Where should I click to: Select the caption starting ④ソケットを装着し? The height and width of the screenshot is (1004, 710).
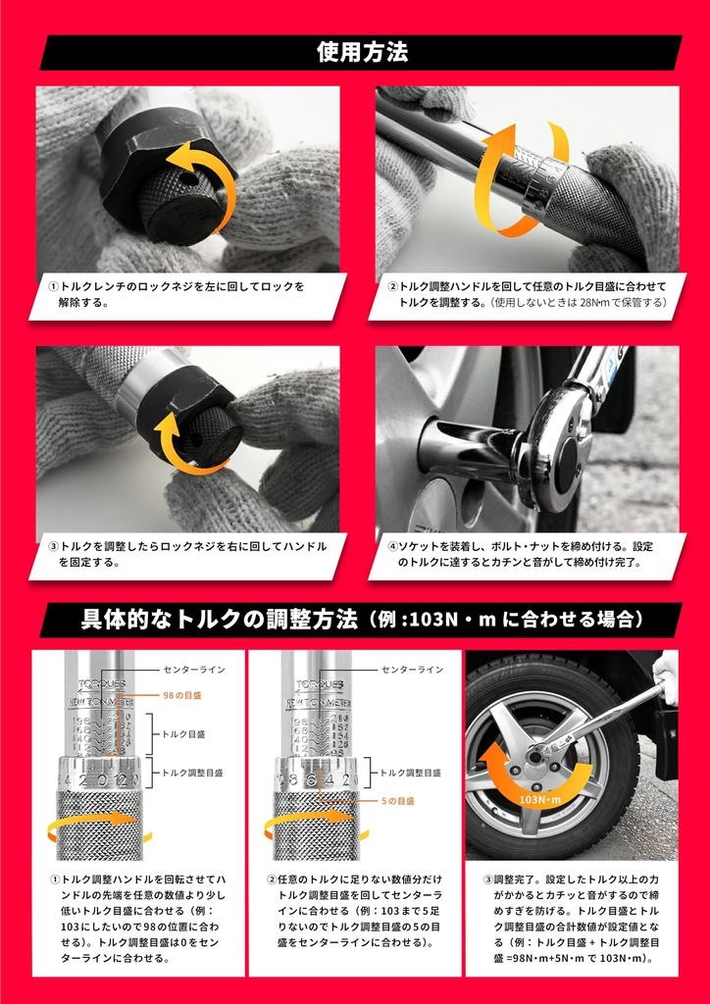pyautogui.click(x=525, y=554)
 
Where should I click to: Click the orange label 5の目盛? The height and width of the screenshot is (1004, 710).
pyautogui.click(x=399, y=800)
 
